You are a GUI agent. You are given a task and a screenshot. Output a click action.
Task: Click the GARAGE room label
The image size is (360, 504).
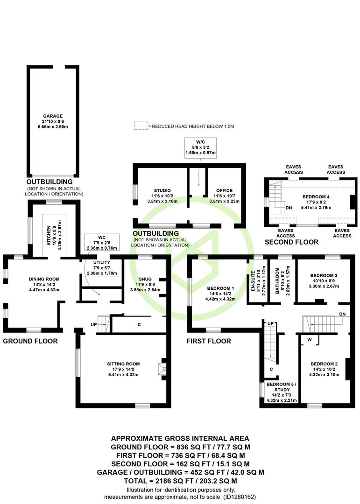53,116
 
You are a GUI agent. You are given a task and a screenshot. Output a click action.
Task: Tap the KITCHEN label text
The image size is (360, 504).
49,235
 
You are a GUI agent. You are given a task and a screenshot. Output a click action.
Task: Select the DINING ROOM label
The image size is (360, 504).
44,279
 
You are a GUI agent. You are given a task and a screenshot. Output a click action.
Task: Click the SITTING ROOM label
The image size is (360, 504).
124,364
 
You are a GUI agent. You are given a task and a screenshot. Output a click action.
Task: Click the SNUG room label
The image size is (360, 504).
145,279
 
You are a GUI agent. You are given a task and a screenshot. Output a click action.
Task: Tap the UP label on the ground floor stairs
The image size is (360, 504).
94,325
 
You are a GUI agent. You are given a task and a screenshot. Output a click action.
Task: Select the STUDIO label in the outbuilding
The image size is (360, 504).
162,190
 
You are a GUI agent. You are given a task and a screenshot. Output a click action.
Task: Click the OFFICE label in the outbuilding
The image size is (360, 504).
224,190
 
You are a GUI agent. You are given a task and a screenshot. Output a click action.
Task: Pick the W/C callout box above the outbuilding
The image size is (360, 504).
200,148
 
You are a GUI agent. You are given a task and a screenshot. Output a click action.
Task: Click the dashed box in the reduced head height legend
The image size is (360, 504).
141,126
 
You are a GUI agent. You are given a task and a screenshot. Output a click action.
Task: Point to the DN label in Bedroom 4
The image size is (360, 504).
289,208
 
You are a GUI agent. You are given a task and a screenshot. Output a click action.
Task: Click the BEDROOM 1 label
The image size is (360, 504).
220,288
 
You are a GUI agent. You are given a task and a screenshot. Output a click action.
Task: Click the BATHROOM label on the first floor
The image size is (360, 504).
277,281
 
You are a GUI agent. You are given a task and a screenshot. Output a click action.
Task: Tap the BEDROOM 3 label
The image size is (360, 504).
324,275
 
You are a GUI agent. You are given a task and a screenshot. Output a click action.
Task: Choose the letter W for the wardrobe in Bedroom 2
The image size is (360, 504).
309,339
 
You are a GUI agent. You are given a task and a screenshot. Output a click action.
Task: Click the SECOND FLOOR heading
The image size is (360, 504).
291,242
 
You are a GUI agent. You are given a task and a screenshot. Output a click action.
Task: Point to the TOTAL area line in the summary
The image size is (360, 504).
181,481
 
